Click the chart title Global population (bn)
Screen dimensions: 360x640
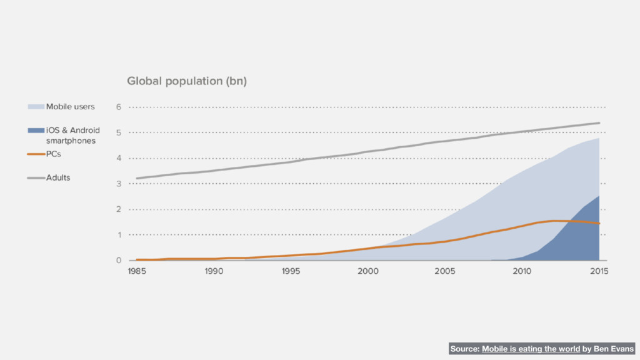coord(187,81)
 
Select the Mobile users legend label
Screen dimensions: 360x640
coord(71,107)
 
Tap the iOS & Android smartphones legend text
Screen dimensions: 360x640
coord(72,136)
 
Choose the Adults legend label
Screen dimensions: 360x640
coord(58,177)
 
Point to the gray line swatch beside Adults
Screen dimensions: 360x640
coord(35,178)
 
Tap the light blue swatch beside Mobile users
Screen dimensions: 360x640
coord(35,107)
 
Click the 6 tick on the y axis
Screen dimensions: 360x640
coord(119,107)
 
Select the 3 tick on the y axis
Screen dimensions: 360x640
coord(119,184)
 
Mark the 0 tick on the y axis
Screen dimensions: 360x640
coord(119,261)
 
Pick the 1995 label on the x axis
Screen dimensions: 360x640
coord(291,271)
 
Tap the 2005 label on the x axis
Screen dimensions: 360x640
coord(444,271)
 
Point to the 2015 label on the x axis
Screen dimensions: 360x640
coord(599,271)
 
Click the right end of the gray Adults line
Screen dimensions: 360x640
coord(599,123)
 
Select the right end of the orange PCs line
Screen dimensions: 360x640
coord(599,224)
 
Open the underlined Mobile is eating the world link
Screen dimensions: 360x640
coord(531,349)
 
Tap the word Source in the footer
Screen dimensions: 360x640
coord(464,349)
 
